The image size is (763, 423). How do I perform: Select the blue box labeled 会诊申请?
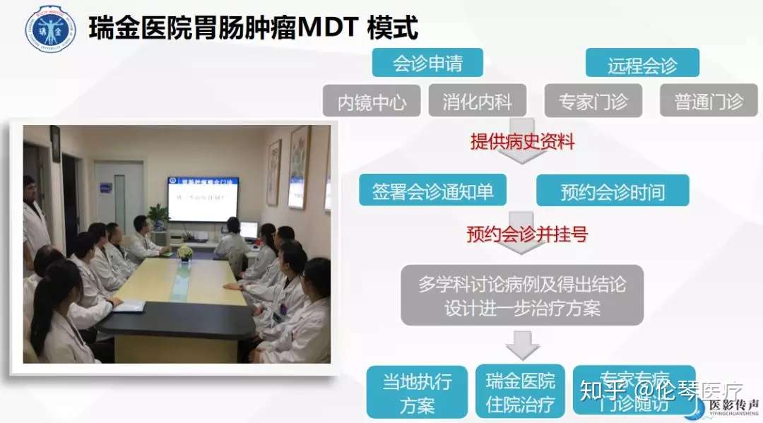click(427, 63)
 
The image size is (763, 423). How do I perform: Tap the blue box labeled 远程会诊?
click(642, 64)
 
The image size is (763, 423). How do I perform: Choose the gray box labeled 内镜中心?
click(372, 101)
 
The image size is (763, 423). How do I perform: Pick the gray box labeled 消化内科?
click(478, 101)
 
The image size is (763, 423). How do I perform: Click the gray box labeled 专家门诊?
click(593, 101)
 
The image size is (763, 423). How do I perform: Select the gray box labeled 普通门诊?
click(709, 101)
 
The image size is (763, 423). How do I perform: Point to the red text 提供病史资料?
click(523, 141)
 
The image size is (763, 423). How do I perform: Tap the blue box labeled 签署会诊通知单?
click(432, 191)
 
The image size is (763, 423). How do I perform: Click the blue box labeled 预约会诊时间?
click(613, 191)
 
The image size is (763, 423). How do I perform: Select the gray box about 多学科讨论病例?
click(522, 296)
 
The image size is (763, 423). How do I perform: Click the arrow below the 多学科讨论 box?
click(523, 347)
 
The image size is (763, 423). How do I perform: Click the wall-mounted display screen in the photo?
click(202, 198)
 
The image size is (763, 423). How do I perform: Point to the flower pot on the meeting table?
click(185, 252)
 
